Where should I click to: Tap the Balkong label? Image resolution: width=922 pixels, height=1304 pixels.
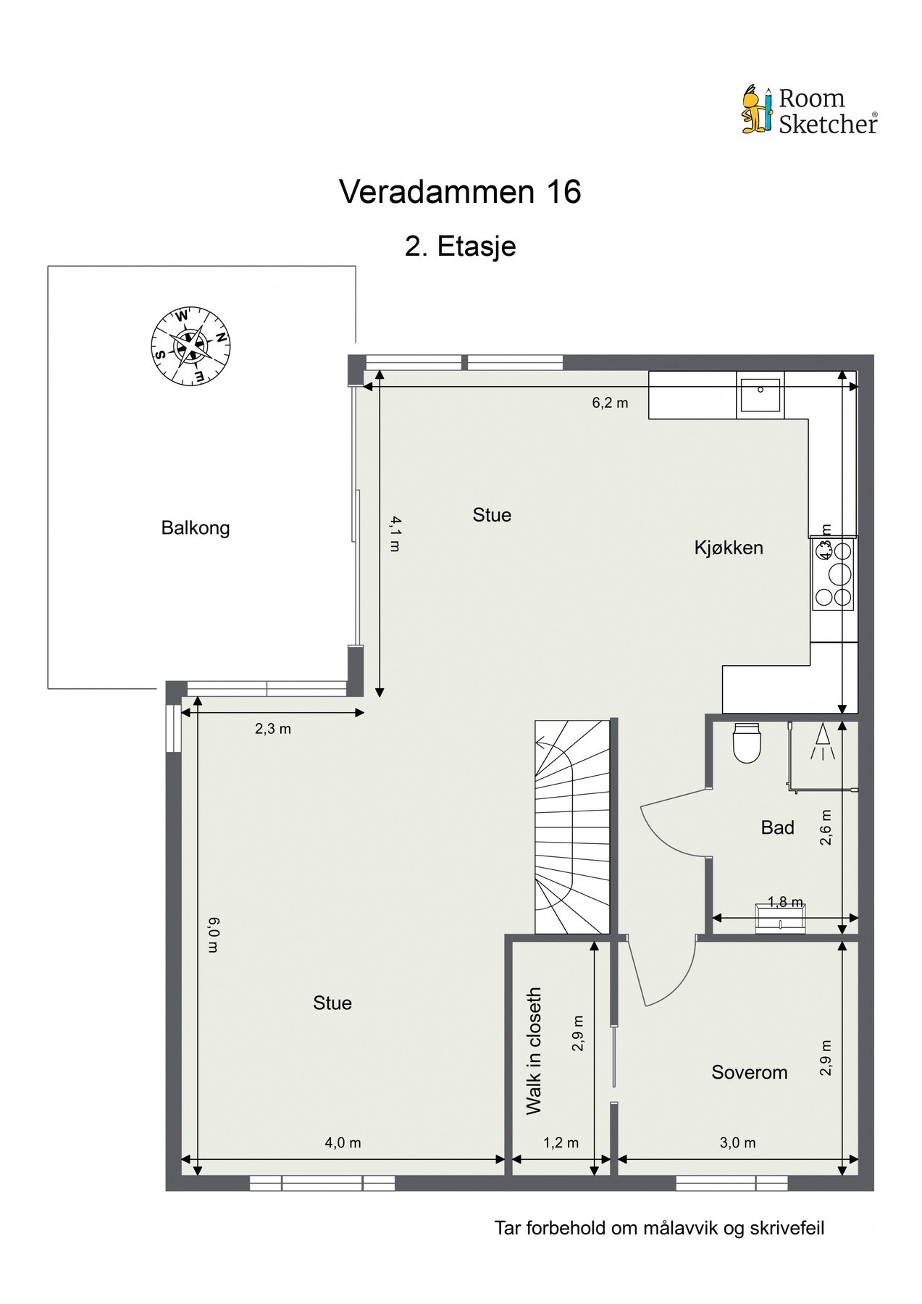click(196, 527)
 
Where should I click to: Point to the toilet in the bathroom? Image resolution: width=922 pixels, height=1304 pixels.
click(747, 743)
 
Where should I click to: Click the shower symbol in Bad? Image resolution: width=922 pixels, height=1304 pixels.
click(823, 743)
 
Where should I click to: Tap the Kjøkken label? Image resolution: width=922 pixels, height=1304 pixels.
click(729, 548)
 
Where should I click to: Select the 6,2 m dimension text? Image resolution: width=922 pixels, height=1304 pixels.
click(610, 403)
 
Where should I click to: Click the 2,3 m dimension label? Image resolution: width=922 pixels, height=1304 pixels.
click(272, 729)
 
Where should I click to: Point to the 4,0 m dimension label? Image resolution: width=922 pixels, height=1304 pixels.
click(343, 1142)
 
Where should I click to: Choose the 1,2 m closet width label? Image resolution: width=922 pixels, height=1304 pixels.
click(561, 1142)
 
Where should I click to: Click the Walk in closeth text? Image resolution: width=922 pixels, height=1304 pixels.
click(534, 1050)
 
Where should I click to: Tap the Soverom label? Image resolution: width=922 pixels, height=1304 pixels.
click(749, 1072)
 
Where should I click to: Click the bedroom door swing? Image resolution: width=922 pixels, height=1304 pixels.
click(663, 974)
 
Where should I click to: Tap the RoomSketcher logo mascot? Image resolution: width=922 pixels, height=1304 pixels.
click(758, 110)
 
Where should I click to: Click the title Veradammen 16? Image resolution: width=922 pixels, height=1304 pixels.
click(460, 193)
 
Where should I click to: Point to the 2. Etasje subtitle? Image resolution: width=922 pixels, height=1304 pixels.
click(460, 246)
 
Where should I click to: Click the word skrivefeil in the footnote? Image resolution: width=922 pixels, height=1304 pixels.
click(788, 1228)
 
